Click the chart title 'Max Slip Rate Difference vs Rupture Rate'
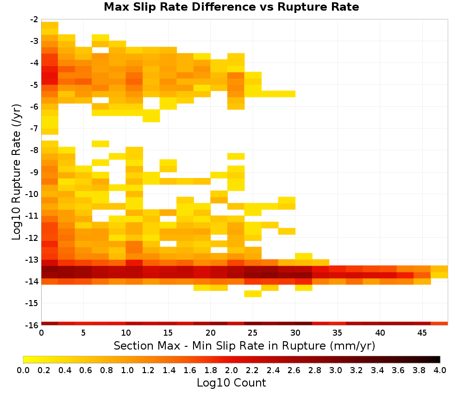click(x=231, y=7)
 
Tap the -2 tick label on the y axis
click(x=34, y=19)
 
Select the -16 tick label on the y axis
click(x=32, y=325)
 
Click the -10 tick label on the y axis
click(x=32, y=194)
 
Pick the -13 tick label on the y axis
click(x=32, y=259)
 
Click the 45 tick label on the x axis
click(x=422, y=333)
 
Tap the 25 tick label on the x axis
click(x=253, y=333)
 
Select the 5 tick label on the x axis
click(x=83, y=333)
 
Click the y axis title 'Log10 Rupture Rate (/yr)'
click(x=16, y=172)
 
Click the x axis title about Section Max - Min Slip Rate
click(x=244, y=345)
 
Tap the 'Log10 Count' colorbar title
click(x=231, y=383)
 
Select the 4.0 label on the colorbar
click(x=440, y=370)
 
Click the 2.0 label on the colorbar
click(x=231, y=370)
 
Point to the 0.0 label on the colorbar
click(x=23, y=370)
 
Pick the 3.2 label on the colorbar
click(x=357, y=370)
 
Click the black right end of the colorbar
click(x=439, y=359)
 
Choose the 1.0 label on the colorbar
click(x=127, y=370)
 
